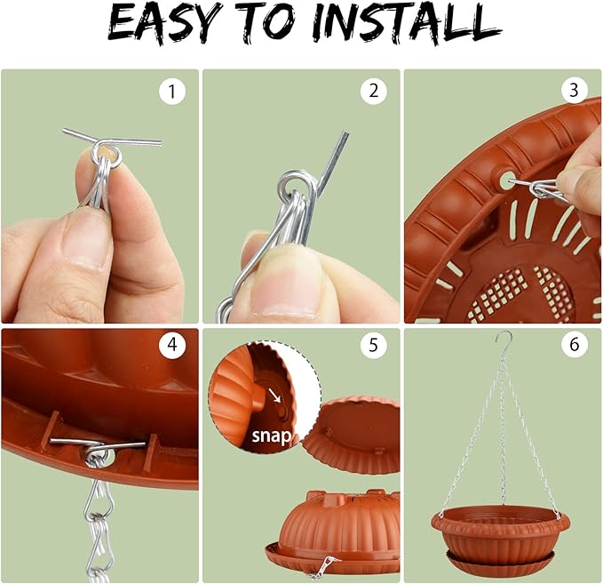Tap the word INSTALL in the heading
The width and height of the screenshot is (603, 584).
pos(407,23)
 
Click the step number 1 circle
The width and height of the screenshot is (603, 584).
pos(172,92)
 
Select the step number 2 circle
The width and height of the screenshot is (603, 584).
pos(373,91)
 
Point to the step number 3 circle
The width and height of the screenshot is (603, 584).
pos(575,90)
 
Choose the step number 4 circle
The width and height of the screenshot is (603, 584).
pos(172,344)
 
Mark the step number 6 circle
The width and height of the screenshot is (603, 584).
pos(575,344)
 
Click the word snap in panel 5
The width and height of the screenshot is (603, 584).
pos(271,436)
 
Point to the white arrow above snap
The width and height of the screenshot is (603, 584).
pos(274,395)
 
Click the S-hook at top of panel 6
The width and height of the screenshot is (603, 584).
pos(504,339)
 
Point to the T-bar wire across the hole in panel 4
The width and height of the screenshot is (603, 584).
pos(98,444)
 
